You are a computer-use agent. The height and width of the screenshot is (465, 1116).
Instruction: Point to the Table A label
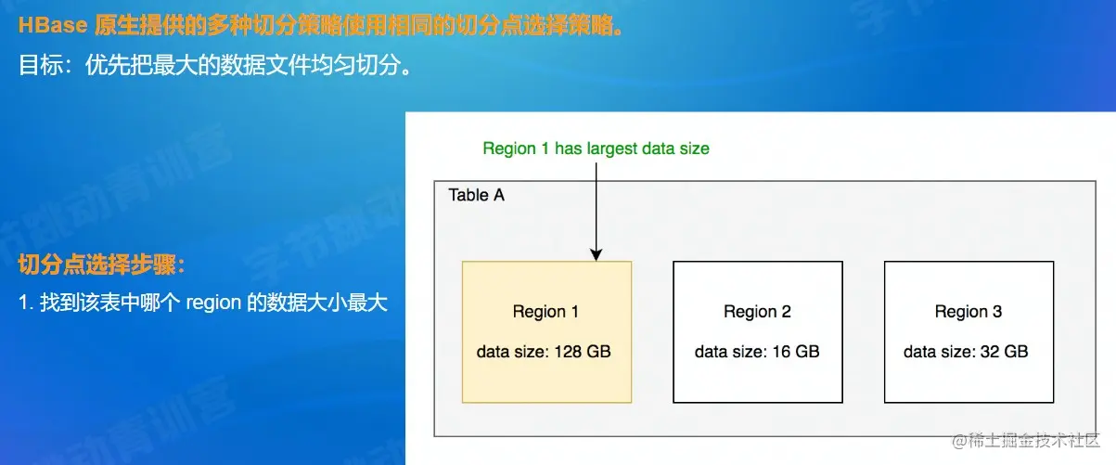[476, 196]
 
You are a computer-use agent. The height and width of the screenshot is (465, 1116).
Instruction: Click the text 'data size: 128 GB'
[545, 352]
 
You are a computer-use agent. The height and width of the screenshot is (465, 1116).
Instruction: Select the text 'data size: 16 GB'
[757, 352]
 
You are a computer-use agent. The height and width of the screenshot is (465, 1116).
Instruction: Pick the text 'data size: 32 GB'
[966, 352]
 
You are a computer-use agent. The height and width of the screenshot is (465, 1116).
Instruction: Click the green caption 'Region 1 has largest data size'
[596, 149]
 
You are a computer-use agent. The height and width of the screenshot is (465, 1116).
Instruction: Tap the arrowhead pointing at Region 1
[596, 254]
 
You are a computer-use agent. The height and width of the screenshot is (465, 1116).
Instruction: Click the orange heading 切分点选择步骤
[101, 265]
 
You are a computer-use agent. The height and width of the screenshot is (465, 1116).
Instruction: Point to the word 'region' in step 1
[213, 303]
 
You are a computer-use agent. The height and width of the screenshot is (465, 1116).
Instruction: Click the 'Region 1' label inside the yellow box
[545, 312]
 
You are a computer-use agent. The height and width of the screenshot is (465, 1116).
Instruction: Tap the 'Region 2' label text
[757, 312]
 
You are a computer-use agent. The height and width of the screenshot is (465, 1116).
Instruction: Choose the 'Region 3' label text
[968, 312]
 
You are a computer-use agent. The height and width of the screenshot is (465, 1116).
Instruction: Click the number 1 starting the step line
[23, 303]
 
